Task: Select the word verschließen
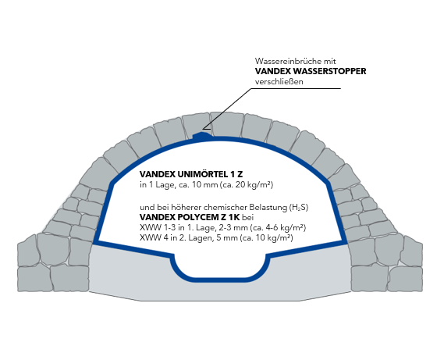[x=279, y=82]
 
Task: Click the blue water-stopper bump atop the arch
[x=202, y=135]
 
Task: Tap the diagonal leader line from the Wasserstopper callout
[x=227, y=109]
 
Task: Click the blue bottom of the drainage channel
[x=220, y=280]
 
